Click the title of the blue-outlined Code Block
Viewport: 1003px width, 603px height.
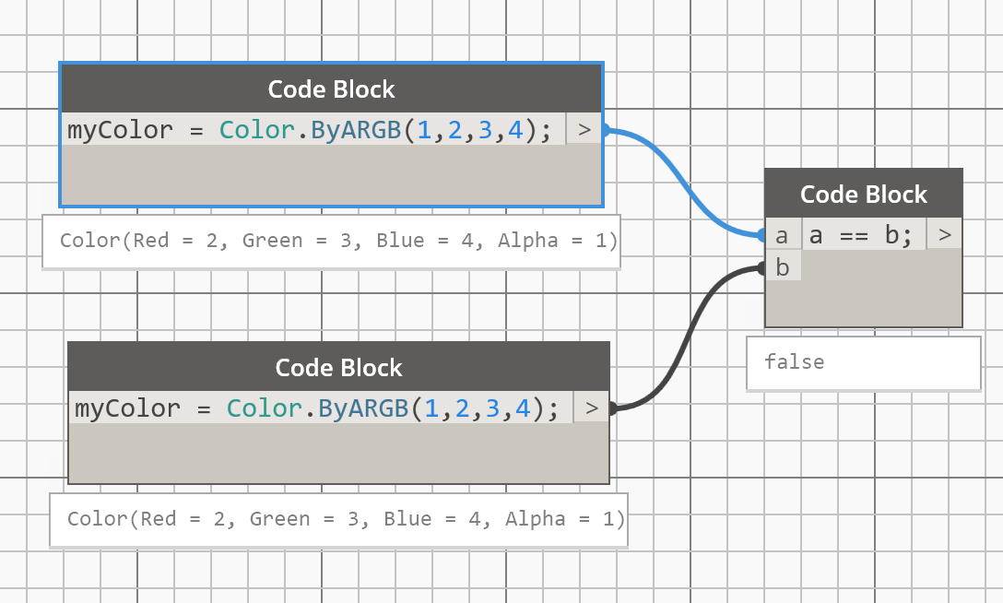pos(331,89)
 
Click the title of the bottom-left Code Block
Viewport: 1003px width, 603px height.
pos(338,368)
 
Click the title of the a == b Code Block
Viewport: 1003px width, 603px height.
pos(863,195)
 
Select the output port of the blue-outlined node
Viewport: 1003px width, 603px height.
pos(584,130)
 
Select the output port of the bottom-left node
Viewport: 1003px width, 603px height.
pos(592,408)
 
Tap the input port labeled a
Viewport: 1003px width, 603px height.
pos(782,236)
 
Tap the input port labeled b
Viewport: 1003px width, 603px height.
pos(783,268)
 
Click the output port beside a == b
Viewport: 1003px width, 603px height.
pos(944,236)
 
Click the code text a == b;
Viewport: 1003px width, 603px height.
pos(860,236)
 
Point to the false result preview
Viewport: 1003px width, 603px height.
pos(795,362)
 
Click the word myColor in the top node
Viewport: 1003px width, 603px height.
pos(119,130)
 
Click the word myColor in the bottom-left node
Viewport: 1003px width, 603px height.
pos(126,408)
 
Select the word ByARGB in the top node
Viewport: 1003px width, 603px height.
pos(356,130)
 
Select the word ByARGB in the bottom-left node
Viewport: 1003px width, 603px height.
pos(363,408)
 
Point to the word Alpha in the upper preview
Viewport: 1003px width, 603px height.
pos(527,242)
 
